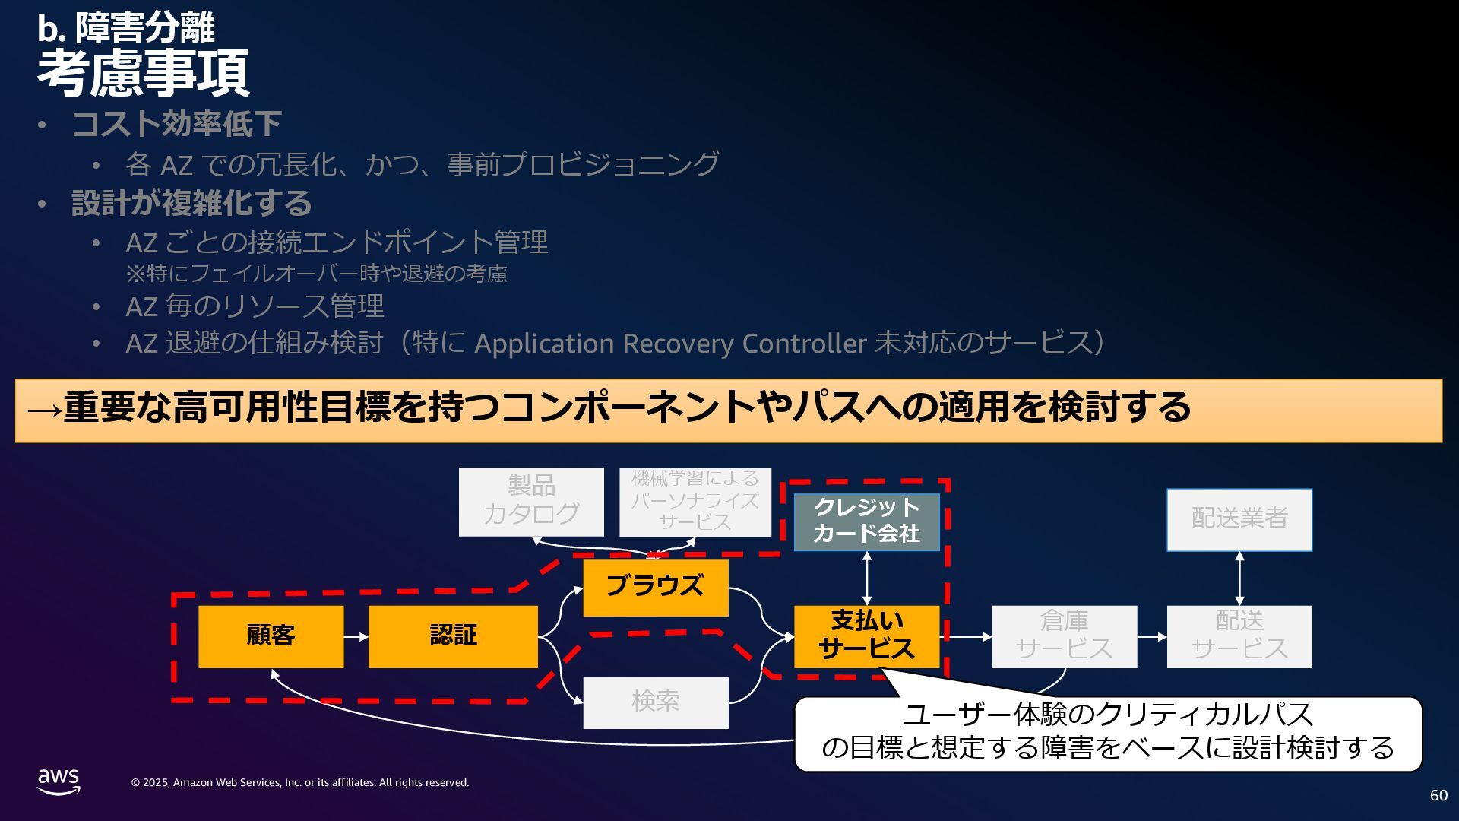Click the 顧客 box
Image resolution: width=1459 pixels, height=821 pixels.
click(x=271, y=636)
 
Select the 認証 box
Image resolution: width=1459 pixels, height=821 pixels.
click(x=453, y=636)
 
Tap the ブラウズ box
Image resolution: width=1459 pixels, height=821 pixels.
click(x=655, y=588)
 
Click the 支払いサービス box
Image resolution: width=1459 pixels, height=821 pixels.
click(x=866, y=636)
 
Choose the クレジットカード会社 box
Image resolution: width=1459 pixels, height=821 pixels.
click(x=866, y=521)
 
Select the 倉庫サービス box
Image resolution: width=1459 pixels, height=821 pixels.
click(x=1064, y=636)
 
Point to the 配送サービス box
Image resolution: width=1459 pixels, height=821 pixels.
click(x=1239, y=636)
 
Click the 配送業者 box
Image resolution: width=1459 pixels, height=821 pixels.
click(x=1239, y=519)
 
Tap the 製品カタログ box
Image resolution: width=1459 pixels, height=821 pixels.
click(x=531, y=502)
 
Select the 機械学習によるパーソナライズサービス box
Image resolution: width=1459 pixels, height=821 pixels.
click(x=695, y=502)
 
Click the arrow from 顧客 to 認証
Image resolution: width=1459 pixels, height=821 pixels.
click(x=356, y=636)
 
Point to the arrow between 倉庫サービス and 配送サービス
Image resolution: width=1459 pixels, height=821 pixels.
click(x=1152, y=636)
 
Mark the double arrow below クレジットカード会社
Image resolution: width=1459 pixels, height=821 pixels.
click(x=866, y=579)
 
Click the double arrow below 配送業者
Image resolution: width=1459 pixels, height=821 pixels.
click(x=1239, y=579)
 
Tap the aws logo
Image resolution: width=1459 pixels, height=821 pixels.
click(x=59, y=781)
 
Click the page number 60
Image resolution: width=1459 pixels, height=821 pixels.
click(x=1438, y=795)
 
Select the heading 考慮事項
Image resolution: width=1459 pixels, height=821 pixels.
click(x=144, y=74)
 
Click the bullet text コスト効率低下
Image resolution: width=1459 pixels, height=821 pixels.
click(x=176, y=124)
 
